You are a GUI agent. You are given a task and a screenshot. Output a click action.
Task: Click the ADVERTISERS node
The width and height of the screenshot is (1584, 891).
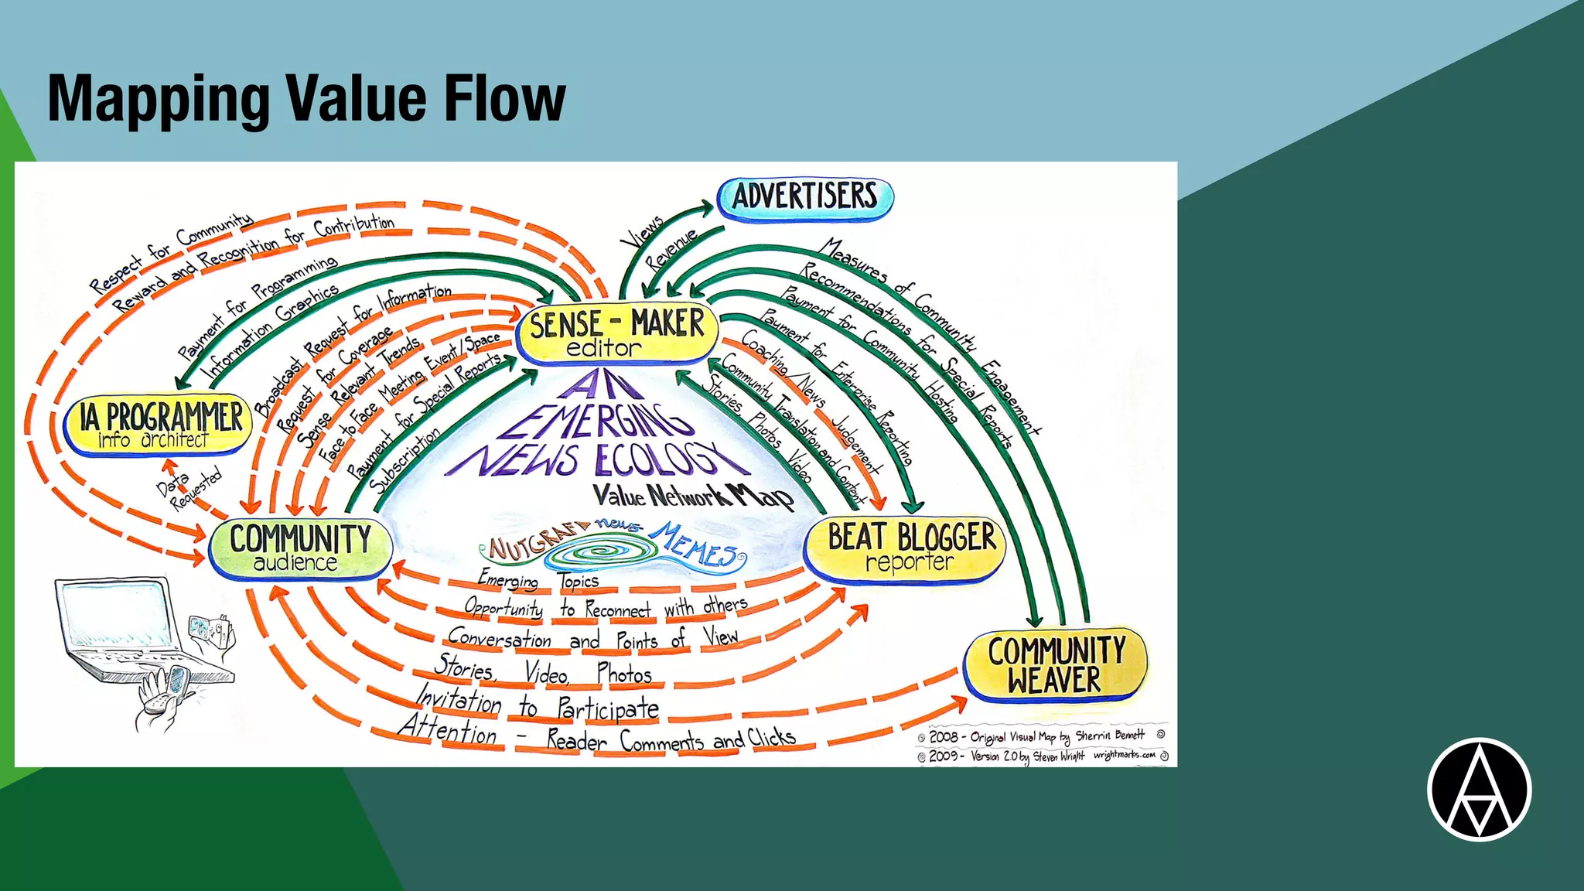805,196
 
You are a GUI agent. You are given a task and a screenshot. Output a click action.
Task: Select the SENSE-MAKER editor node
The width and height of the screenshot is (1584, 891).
616,333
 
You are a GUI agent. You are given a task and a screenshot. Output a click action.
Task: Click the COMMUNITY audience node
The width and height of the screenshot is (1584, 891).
300,548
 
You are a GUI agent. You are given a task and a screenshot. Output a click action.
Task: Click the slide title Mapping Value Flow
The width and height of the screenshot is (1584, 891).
306,98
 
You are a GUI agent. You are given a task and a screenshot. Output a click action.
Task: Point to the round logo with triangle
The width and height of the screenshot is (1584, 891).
1479,790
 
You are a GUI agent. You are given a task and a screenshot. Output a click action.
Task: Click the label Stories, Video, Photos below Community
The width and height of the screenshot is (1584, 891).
543,671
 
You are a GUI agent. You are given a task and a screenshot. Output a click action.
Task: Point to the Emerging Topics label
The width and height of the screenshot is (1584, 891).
538,579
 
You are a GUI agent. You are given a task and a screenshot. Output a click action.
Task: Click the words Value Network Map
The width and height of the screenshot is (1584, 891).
693,496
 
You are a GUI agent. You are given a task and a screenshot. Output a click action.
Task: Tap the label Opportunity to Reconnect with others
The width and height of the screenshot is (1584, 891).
606,608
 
